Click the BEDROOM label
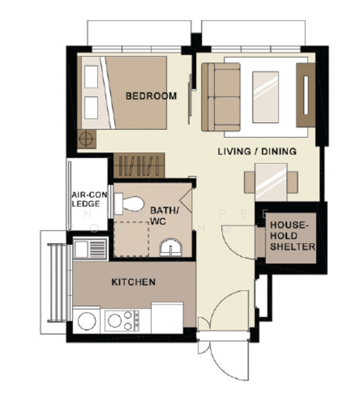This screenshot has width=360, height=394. [x=151, y=96]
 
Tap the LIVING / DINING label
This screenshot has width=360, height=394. [x=257, y=151]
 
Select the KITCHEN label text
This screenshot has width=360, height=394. [x=133, y=282]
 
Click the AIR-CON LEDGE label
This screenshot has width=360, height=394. [x=85, y=199]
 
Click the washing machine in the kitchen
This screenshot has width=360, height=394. [x=87, y=320]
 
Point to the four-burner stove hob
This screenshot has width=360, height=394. [x=123, y=320]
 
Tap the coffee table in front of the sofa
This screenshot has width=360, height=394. [x=269, y=97]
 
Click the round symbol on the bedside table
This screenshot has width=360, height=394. [x=85, y=139]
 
